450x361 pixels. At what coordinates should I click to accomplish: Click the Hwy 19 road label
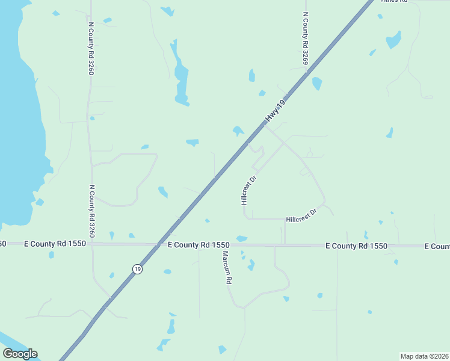(x=275, y=111)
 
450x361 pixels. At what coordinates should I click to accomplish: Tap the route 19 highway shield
(x=138, y=270)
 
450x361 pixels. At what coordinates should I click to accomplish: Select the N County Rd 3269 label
(x=306, y=39)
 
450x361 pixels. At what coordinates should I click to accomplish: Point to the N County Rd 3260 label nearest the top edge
(x=91, y=49)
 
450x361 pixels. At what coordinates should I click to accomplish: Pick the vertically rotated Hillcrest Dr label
(x=249, y=190)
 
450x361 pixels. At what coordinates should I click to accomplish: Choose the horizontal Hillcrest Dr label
(x=301, y=215)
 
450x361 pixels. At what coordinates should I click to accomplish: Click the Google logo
(x=20, y=354)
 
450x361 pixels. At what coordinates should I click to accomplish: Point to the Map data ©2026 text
(x=425, y=356)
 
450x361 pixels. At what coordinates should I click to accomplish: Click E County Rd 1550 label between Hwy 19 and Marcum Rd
(x=199, y=245)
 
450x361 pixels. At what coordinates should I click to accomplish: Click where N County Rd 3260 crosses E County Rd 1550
(x=92, y=244)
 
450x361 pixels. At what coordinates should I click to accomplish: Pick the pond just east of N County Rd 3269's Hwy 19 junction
(x=317, y=84)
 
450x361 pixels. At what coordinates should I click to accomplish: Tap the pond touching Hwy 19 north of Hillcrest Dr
(x=239, y=131)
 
